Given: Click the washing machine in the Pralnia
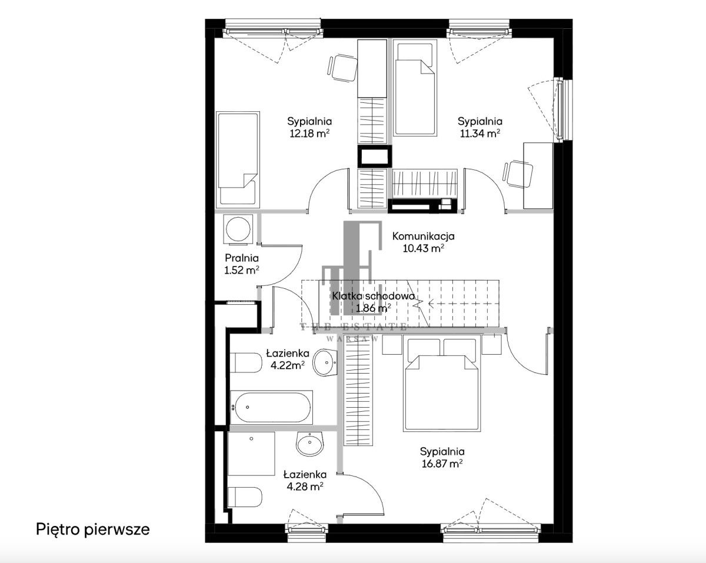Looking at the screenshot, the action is click(238, 229).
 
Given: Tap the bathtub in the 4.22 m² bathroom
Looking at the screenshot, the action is click(272, 407).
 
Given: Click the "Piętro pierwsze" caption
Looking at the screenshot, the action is click(93, 529).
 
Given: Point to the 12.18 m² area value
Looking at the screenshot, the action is click(309, 133).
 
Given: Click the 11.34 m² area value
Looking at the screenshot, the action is click(480, 133).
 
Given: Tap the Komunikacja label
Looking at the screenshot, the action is click(423, 236).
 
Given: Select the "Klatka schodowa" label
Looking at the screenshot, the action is click(374, 296).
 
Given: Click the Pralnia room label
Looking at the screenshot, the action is click(242, 258).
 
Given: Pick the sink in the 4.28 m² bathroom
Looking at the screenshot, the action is click(310, 444).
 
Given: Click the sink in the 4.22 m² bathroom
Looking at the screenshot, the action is click(325, 362).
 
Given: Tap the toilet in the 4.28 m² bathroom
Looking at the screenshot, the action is click(245, 497).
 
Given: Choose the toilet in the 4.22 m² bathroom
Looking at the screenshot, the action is click(246, 363).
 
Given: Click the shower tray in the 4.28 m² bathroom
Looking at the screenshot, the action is click(251, 454).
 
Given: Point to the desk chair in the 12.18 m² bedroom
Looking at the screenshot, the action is click(342, 68).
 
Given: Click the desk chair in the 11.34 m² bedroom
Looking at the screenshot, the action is click(517, 174).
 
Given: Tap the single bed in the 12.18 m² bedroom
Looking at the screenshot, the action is click(238, 160).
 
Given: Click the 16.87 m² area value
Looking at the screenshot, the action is click(442, 464).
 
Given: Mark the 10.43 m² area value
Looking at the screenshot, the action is click(424, 248).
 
